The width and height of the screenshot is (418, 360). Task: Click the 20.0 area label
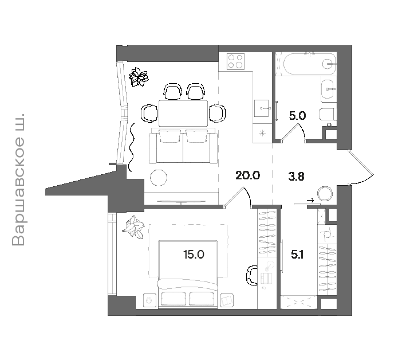(248, 175)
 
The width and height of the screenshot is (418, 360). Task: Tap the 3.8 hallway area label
(296, 177)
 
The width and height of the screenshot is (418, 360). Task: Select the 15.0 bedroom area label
(194, 254)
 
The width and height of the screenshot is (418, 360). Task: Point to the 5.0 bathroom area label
(297, 116)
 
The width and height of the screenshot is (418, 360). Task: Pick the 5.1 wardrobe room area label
(297, 255)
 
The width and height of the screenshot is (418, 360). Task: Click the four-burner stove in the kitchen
(236, 61)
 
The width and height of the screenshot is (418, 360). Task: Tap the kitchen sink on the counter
(261, 108)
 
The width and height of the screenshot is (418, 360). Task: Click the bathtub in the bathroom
(310, 64)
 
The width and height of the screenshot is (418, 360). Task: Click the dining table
(183, 113)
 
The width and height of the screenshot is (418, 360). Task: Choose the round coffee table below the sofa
(159, 178)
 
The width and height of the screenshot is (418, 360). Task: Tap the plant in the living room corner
(139, 77)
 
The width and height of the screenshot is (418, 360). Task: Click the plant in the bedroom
(133, 227)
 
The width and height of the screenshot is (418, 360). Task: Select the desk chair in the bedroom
(251, 276)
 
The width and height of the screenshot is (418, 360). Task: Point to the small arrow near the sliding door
(310, 201)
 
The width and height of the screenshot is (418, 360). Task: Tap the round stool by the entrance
(325, 193)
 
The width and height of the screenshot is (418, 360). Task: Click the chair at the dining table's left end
(149, 113)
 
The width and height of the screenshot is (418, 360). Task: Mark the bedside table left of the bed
(150, 300)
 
